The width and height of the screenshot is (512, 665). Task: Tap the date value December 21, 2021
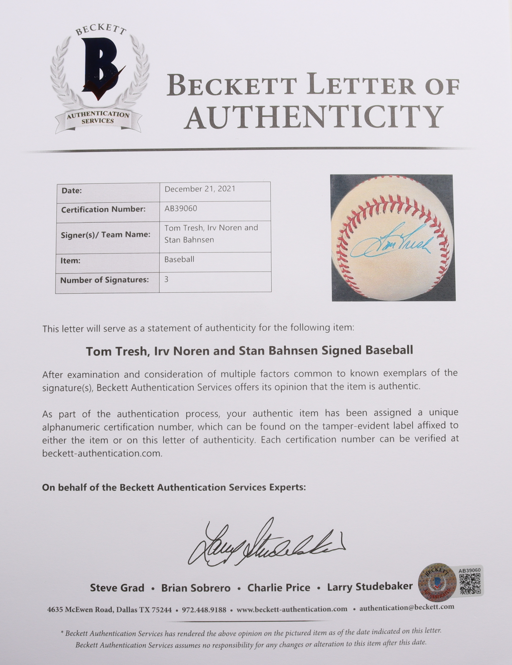[200, 189]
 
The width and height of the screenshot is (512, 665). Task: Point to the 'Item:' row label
[71, 261]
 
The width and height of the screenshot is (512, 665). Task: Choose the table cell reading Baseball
[179, 259]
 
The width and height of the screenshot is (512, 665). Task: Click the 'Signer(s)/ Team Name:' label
[106, 235]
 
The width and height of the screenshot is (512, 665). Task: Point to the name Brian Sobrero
[196, 588]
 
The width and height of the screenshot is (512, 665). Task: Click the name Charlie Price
[279, 588]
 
